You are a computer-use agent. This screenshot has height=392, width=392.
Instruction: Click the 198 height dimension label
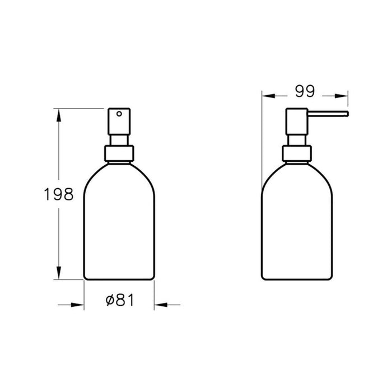pyautogui.click(x=59, y=194)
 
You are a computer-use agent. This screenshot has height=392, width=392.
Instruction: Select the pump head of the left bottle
pyautogui.click(x=119, y=120)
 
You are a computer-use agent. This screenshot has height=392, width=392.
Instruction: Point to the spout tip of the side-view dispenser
pyautogui.click(x=347, y=115)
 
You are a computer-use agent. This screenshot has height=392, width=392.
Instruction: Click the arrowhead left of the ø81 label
pyautogui.click(x=78, y=305)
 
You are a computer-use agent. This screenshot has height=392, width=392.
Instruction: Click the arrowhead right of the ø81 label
pyautogui.click(x=160, y=305)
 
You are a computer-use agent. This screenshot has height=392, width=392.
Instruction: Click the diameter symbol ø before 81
pyautogui.click(x=110, y=301)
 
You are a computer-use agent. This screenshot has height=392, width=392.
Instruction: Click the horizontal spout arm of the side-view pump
pyautogui.click(x=328, y=115)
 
